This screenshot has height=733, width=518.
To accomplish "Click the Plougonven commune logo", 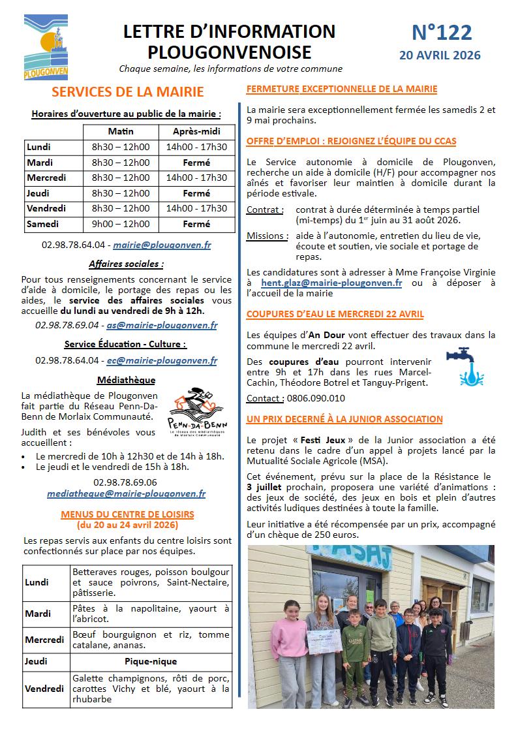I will tap(46, 48).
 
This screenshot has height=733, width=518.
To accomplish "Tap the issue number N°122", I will tap(442, 32).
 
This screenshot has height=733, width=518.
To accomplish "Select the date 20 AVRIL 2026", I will tap(440, 55).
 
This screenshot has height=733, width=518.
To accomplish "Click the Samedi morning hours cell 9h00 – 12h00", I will tap(121, 224).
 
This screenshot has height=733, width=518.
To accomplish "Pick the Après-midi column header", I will tap(196, 131).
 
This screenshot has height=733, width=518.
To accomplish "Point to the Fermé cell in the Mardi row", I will tap(196, 163).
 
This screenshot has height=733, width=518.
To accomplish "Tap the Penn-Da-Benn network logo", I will tap(197, 414).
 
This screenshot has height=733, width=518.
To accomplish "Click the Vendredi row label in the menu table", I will tap(44, 689).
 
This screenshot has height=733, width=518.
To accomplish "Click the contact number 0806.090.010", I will tap(315, 398).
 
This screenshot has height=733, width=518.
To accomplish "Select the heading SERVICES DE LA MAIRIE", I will tap(128, 92).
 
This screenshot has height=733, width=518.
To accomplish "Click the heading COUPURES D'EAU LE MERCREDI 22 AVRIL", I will tap(335, 314).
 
